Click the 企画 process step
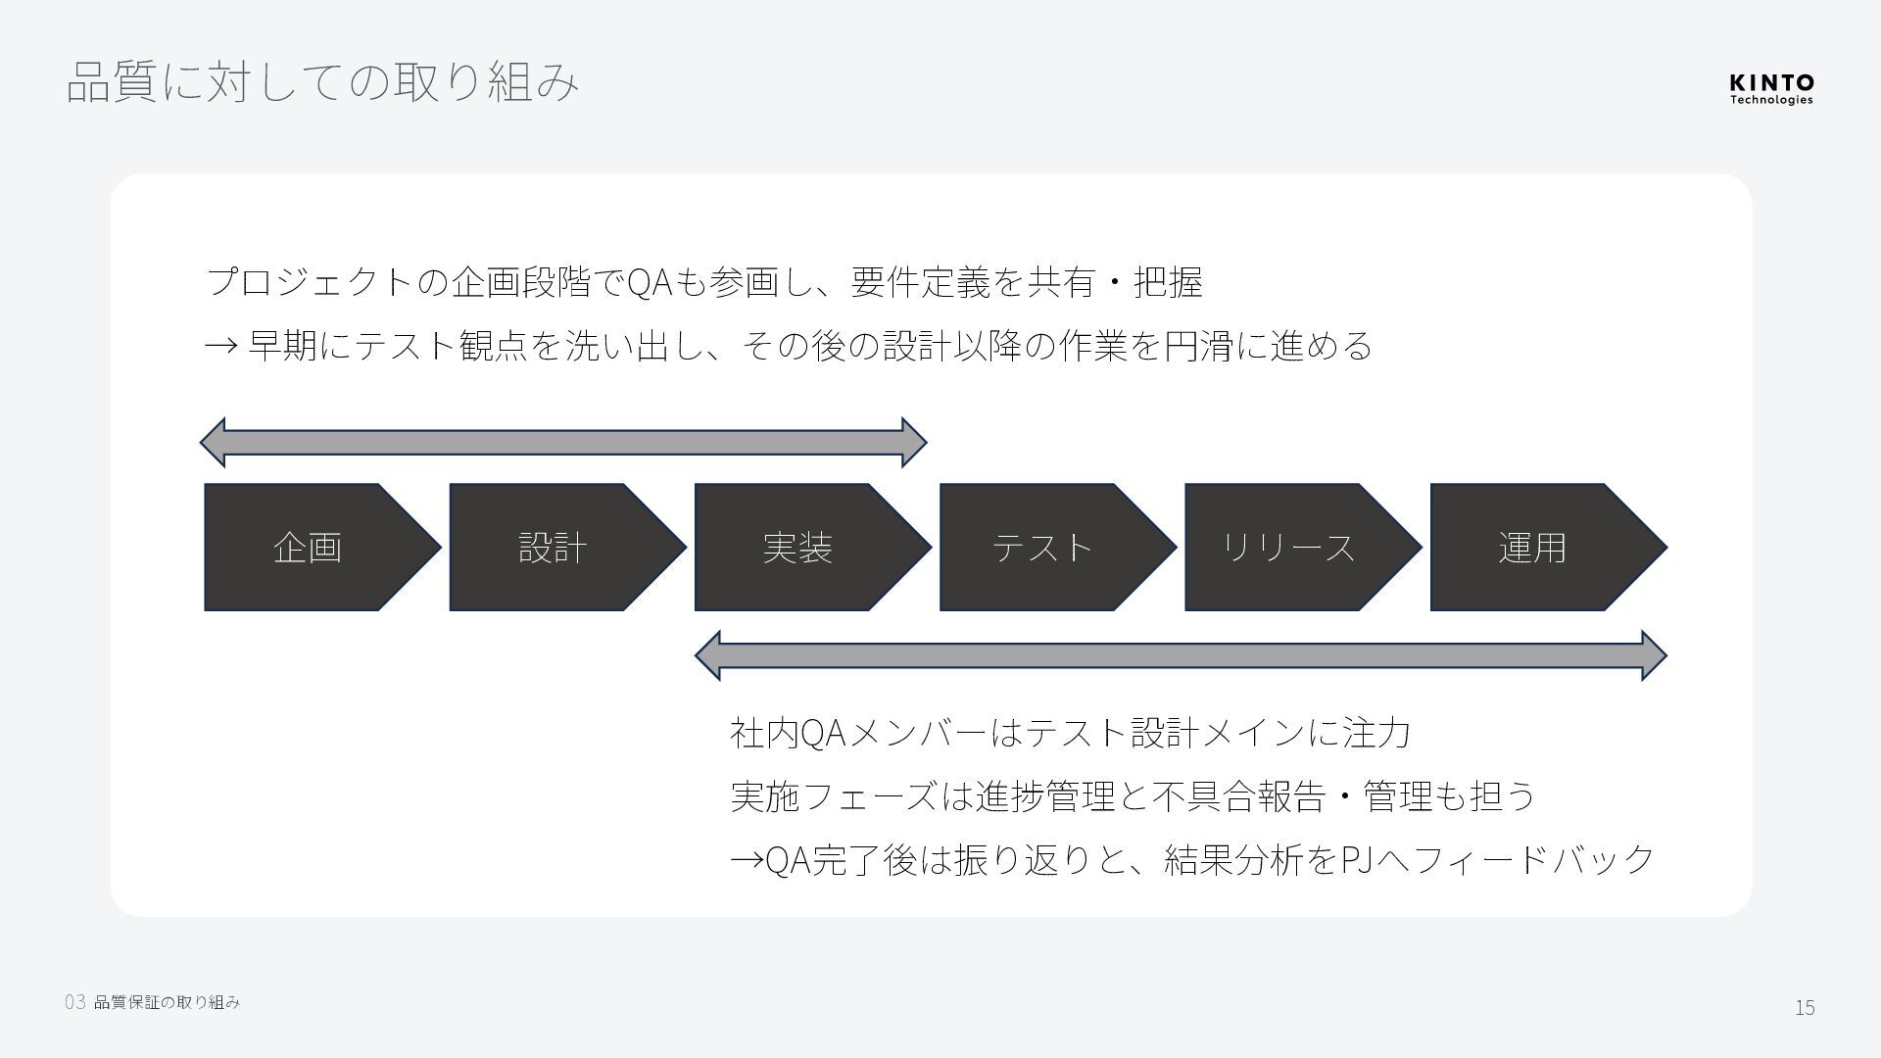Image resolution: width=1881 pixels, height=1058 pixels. tap(309, 547)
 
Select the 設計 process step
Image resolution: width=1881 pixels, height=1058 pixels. tap(554, 547)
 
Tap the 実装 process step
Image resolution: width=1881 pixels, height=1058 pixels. tap(798, 547)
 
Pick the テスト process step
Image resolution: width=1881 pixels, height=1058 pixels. tap(1043, 547)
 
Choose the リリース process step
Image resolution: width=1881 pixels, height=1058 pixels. tap(1288, 547)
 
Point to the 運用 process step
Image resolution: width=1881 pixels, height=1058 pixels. tap(1533, 547)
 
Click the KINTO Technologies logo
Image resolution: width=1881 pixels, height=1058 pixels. tap(1771, 88)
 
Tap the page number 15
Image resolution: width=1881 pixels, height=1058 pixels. tap(1805, 1007)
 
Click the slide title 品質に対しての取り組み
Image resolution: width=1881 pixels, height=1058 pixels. tap(323, 81)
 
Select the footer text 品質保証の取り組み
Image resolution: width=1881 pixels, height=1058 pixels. tap(167, 1002)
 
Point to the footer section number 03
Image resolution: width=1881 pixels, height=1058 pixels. tap(75, 1002)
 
